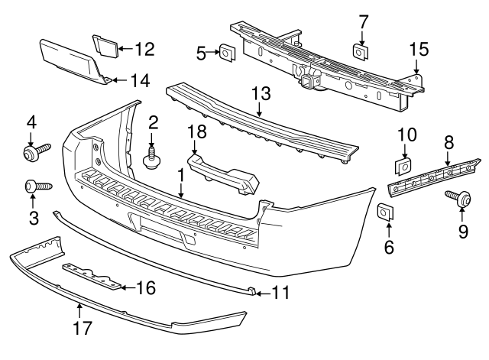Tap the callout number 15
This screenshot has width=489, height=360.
(419, 50)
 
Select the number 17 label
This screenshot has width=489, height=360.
(81, 329)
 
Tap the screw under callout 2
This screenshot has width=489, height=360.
(152, 158)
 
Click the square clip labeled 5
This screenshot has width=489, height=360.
(226, 53)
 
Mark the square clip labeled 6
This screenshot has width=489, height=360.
(386, 211)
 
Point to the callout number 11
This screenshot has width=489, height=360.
(282, 292)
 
